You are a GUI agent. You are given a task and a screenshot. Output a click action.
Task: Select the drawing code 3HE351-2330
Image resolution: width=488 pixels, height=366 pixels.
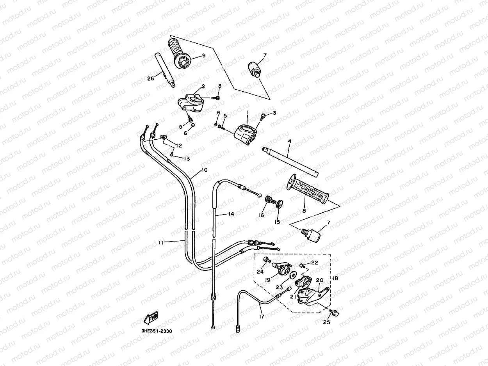[x=157, y=331]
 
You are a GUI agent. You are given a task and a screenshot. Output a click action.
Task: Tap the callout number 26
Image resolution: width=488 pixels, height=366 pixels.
[x=151, y=78]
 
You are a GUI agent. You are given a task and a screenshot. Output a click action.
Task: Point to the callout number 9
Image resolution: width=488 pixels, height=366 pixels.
[x=204, y=55]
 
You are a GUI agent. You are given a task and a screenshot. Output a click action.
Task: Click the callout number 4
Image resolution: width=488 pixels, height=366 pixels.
[x=289, y=141]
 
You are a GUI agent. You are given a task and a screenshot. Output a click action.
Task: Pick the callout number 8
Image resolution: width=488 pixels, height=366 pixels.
[x=304, y=211]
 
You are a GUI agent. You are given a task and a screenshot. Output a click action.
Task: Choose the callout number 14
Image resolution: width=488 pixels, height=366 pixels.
[x=232, y=214]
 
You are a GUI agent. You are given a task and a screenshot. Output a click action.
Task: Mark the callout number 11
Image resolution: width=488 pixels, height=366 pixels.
[x=161, y=243]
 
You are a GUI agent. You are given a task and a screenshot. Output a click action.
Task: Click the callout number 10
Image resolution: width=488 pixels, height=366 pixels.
[x=204, y=170]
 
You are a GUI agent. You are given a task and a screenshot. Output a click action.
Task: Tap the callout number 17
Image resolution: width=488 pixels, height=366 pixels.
[x=262, y=317]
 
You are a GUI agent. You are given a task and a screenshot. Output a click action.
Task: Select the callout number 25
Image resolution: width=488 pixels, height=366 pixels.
[x=326, y=322]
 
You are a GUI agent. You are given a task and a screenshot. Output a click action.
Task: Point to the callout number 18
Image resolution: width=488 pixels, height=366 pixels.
[x=335, y=278]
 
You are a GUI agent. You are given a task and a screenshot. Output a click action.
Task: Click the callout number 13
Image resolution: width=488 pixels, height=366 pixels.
[x=187, y=159]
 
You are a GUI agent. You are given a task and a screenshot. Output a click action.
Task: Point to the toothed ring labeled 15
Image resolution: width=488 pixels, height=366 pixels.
[x=279, y=204]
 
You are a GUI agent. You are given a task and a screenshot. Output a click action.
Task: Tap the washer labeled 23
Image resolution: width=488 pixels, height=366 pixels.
[x=293, y=275]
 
